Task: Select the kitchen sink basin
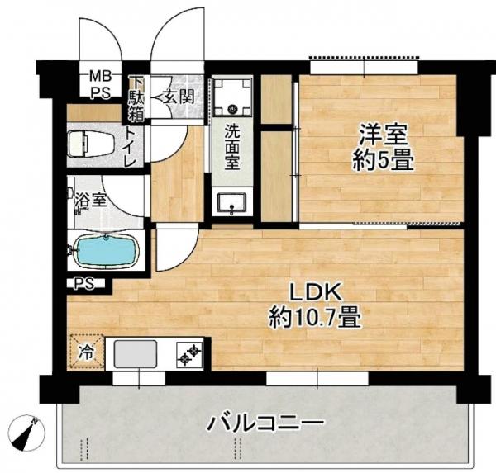(136, 354)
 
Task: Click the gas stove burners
(189, 355)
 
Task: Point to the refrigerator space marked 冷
(86, 352)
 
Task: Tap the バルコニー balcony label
(265, 423)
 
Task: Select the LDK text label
(316, 292)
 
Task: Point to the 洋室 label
(383, 135)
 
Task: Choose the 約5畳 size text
(383, 161)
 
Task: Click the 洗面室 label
(232, 148)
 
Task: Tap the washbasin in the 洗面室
(232, 203)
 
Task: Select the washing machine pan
(232, 97)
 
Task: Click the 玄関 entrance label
(178, 97)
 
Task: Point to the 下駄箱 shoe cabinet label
(136, 99)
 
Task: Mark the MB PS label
(101, 84)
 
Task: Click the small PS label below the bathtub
(84, 283)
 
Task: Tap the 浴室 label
(91, 200)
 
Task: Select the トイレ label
(131, 146)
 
